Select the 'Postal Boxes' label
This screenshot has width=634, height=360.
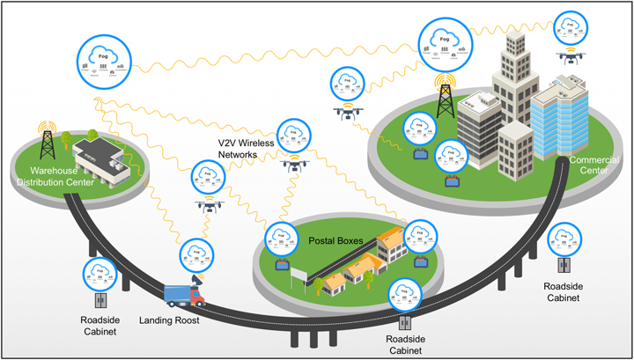[332, 239]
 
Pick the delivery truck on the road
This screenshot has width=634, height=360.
[184, 295]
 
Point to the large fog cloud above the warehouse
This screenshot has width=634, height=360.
[104, 62]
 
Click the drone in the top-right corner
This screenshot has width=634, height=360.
[571, 56]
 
